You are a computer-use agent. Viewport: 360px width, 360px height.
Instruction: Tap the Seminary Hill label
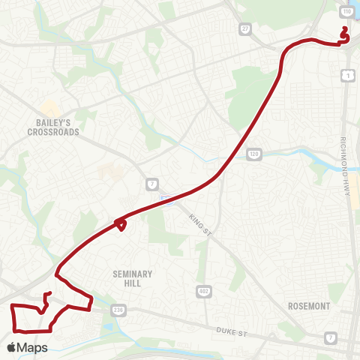click(x=132, y=279)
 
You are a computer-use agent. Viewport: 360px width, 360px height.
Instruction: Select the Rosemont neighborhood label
click(x=309, y=306)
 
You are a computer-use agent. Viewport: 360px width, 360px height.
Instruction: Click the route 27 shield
click(x=246, y=28)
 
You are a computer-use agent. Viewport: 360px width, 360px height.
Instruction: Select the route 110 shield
click(x=349, y=13)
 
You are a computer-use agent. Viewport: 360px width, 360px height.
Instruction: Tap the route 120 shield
click(x=253, y=154)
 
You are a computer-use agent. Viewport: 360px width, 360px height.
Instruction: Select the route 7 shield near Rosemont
click(x=331, y=340)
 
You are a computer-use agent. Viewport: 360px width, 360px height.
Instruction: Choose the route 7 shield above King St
click(x=151, y=184)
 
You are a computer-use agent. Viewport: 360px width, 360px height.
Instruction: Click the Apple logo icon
click(x=11, y=347)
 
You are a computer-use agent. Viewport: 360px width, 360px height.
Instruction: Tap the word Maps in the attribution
click(x=33, y=347)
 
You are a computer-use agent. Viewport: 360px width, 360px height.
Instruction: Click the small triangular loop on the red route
click(x=121, y=223)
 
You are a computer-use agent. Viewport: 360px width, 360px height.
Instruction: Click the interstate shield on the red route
click(x=166, y=198)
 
